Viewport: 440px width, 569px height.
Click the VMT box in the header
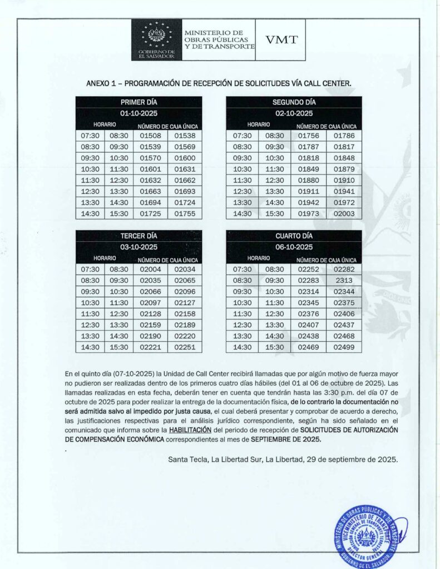coord(281,39)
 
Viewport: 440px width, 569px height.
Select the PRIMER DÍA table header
coord(139,102)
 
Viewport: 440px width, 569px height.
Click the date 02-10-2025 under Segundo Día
coord(294,113)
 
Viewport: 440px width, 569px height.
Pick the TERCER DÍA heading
coord(139,236)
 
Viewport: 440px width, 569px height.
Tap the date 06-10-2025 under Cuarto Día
coord(294,247)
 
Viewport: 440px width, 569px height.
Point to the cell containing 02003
coord(344,213)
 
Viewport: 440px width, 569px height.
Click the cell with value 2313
coord(344,281)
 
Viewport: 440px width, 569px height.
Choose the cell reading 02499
coord(344,347)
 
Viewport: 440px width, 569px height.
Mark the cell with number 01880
coord(308,180)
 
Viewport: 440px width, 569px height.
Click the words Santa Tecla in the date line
coord(185,460)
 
